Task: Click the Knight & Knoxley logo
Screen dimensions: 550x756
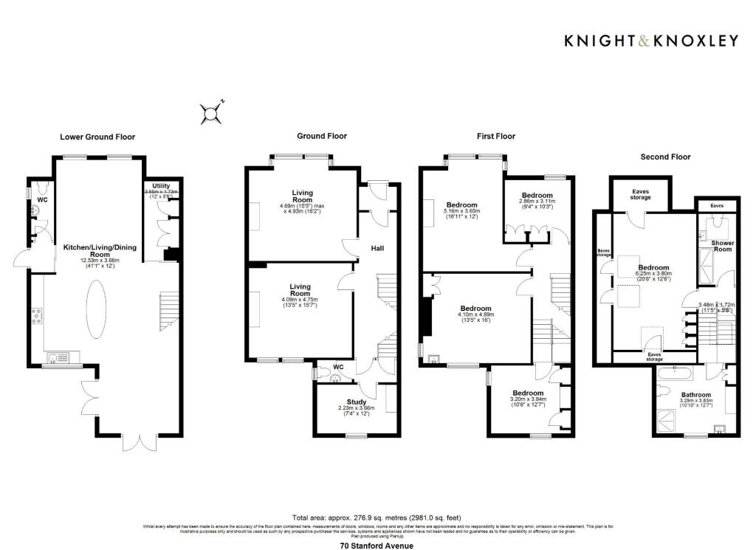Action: click(650, 41)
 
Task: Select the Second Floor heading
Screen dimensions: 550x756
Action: click(665, 157)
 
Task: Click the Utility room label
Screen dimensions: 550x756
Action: click(160, 185)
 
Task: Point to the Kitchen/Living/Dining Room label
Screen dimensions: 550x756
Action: click(94, 251)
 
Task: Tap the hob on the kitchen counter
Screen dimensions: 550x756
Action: click(36, 317)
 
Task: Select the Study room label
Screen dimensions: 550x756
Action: click(346, 402)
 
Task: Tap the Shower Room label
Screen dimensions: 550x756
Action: click(722, 247)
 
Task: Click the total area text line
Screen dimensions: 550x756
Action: click(377, 518)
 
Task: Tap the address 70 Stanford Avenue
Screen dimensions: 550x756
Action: click(377, 545)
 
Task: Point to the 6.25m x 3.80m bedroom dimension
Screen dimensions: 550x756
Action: click(653, 275)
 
